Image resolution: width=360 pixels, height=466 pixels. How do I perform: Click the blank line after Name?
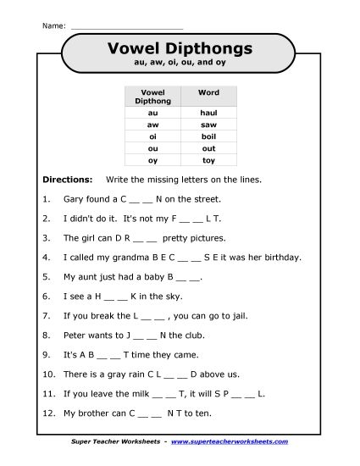click(127, 25)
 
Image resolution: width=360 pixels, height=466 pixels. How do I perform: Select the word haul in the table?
click(208, 112)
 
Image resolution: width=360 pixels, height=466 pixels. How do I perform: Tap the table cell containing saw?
click(208, 124)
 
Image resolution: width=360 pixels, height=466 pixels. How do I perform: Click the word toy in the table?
click(208, 158)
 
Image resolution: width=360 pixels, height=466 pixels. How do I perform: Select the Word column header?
click(208, 92)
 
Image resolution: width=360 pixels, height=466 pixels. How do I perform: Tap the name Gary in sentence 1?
click(74, 199)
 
